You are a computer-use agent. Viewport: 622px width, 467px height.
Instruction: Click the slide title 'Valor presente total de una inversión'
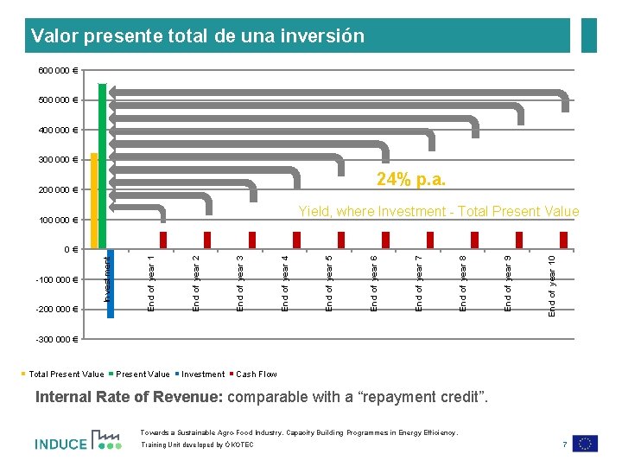197,36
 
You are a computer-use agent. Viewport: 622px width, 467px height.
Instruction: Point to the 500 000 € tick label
57,100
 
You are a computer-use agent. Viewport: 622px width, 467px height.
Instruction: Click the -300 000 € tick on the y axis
57,338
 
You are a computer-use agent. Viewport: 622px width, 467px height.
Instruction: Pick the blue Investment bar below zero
111,284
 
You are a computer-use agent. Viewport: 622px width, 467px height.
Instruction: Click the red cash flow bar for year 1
162,240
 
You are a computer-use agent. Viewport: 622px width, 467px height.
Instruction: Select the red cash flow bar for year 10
564,240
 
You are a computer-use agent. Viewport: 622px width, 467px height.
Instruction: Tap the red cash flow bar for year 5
341,240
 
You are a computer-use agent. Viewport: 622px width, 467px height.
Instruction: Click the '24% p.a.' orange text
411,180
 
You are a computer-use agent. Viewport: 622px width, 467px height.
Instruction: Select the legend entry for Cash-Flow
256,374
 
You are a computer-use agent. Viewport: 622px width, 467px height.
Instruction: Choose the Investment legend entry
202,374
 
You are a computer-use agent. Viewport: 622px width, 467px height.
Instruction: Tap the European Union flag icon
585,444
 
